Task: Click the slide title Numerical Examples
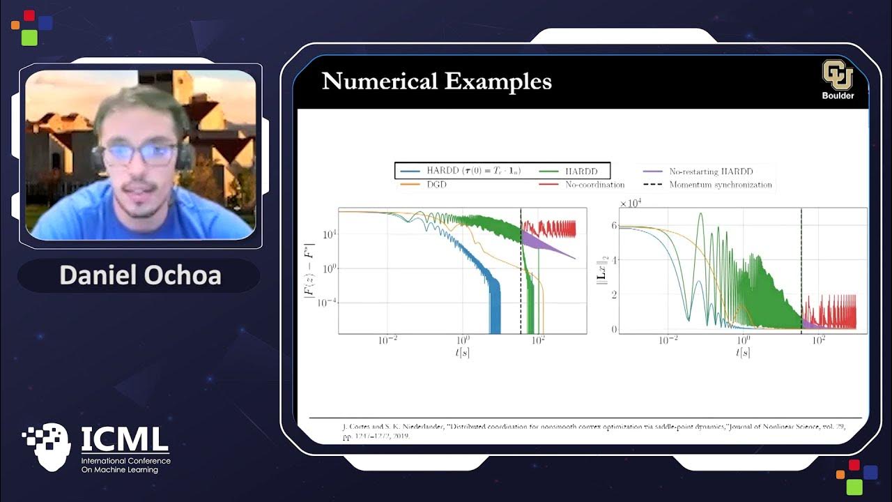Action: (436, 82)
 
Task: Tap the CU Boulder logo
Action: (837, 79)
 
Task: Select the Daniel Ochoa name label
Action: (140, 275)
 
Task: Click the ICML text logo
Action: (125, 439)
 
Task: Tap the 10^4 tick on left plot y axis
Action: (327, 236)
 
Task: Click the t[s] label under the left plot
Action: (462, 353)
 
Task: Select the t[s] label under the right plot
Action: (743, 353)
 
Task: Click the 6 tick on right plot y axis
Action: (613, 226)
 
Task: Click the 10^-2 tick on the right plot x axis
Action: (668, 341)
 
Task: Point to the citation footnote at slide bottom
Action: (592, 431)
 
